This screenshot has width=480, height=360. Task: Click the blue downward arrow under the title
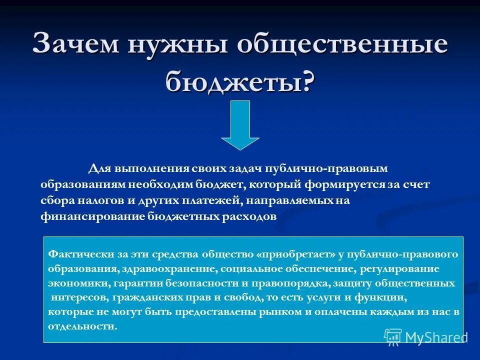tap(240, 125)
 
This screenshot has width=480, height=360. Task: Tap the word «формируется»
tap(353, 184)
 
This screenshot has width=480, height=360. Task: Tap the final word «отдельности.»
tap(82, 326)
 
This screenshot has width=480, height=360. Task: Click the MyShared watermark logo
tap(425, 336)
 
